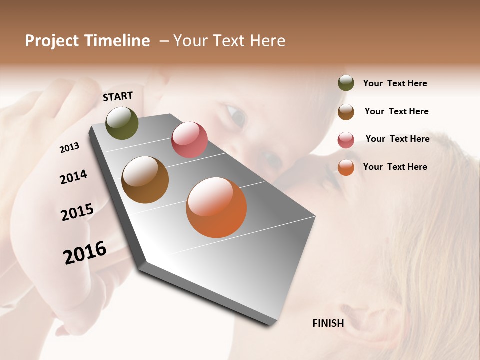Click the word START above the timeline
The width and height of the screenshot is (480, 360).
118,96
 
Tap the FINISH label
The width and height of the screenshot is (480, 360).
328,323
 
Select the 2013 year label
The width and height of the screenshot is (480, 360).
70,147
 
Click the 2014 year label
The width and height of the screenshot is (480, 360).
73,177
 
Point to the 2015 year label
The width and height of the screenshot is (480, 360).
77,212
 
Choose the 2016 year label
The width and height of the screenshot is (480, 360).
85,252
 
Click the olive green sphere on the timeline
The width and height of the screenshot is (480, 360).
122,123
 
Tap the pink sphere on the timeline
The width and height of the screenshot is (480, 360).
189,139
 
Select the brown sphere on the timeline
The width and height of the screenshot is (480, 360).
145,180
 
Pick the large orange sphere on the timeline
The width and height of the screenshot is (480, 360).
216,207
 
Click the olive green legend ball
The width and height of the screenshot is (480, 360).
346,83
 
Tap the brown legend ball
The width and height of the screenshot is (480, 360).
346,112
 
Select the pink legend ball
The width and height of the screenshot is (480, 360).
346,140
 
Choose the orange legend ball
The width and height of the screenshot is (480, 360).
346,167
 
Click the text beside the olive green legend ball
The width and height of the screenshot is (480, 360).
395,83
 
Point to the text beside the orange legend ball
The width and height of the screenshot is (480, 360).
395,167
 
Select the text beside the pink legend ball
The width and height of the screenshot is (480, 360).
397,139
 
